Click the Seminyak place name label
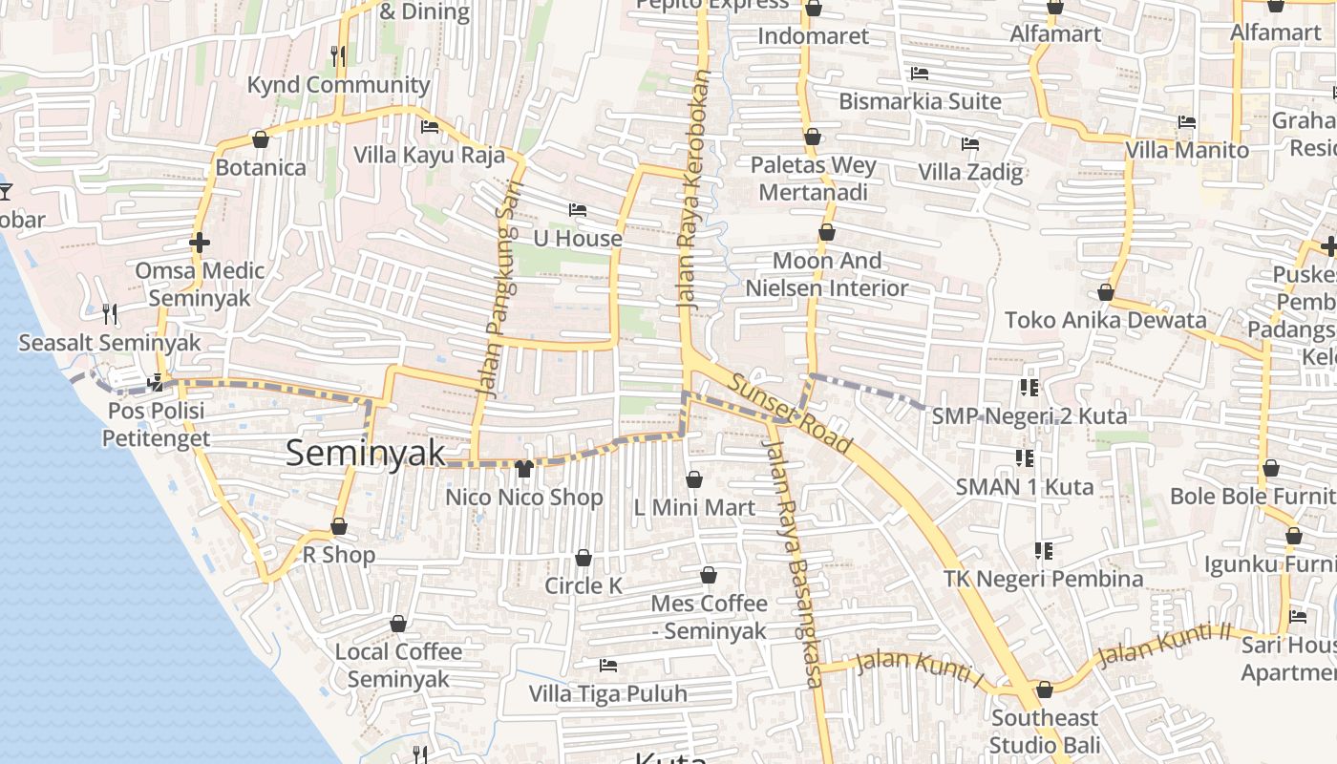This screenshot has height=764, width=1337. (366, 453)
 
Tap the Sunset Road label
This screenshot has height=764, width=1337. (790, 413)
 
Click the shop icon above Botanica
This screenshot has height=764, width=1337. (260, 140)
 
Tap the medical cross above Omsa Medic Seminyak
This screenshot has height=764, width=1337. (199, 243)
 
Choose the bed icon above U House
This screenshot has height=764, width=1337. (577, 210)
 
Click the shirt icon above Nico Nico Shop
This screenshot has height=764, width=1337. (523, 469)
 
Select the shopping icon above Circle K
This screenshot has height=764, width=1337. (584, 558)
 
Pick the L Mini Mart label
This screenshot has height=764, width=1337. (694, 507)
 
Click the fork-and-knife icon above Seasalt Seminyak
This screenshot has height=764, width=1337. (110, 313)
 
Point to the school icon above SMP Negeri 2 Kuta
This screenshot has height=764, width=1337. (1029, 388)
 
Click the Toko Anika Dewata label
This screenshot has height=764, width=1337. (1105, 320)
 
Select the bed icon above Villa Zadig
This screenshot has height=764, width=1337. (970, 144)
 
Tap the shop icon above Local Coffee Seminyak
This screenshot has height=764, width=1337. (398, 625)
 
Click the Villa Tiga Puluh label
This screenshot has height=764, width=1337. (608, 693)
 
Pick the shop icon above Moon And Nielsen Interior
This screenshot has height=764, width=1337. (827, 233)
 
